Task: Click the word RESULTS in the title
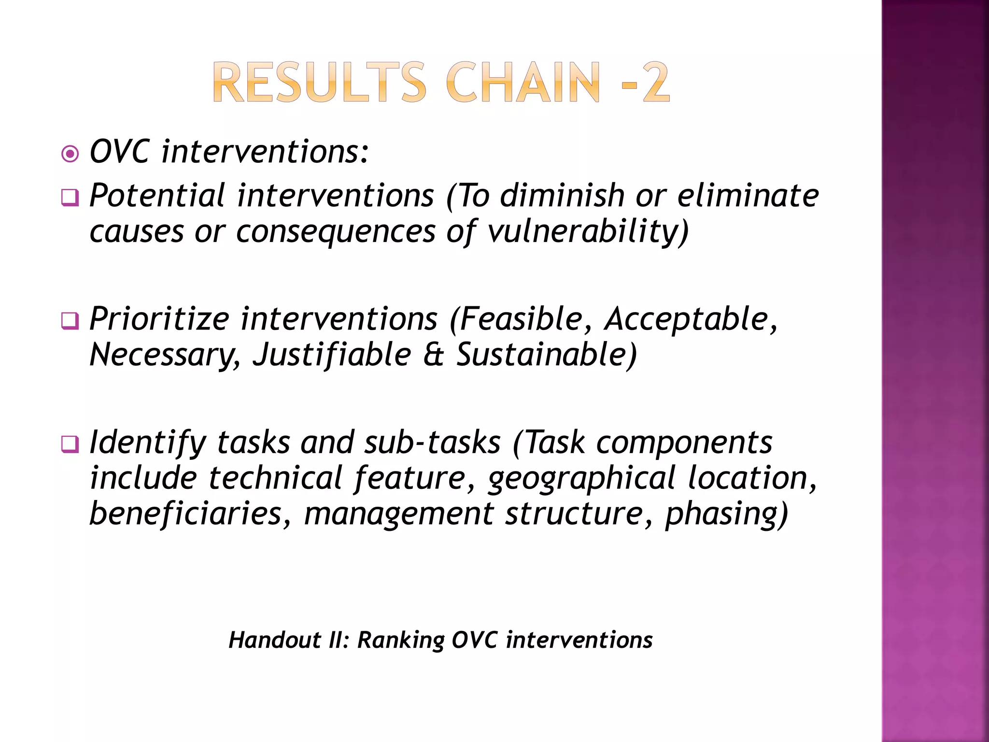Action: click(x=319, y=83)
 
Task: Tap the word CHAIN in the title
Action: click(x=523, y=83)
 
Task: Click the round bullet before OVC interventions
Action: click(x=71, y=155)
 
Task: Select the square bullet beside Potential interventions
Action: click(x=71, y=198)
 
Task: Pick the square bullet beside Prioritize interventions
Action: click(x=71, y=321)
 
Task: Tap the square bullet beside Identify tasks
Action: click(x=71, y=444)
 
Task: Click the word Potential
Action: click(x=157, y=196)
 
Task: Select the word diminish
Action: click(x=562, y=196)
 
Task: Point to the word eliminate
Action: click(x=748, y=196)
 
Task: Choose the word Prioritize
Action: click(x=159, y=319)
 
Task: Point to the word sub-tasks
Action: click(x=432, y=442)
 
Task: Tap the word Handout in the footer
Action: click(x=275, y=640)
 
